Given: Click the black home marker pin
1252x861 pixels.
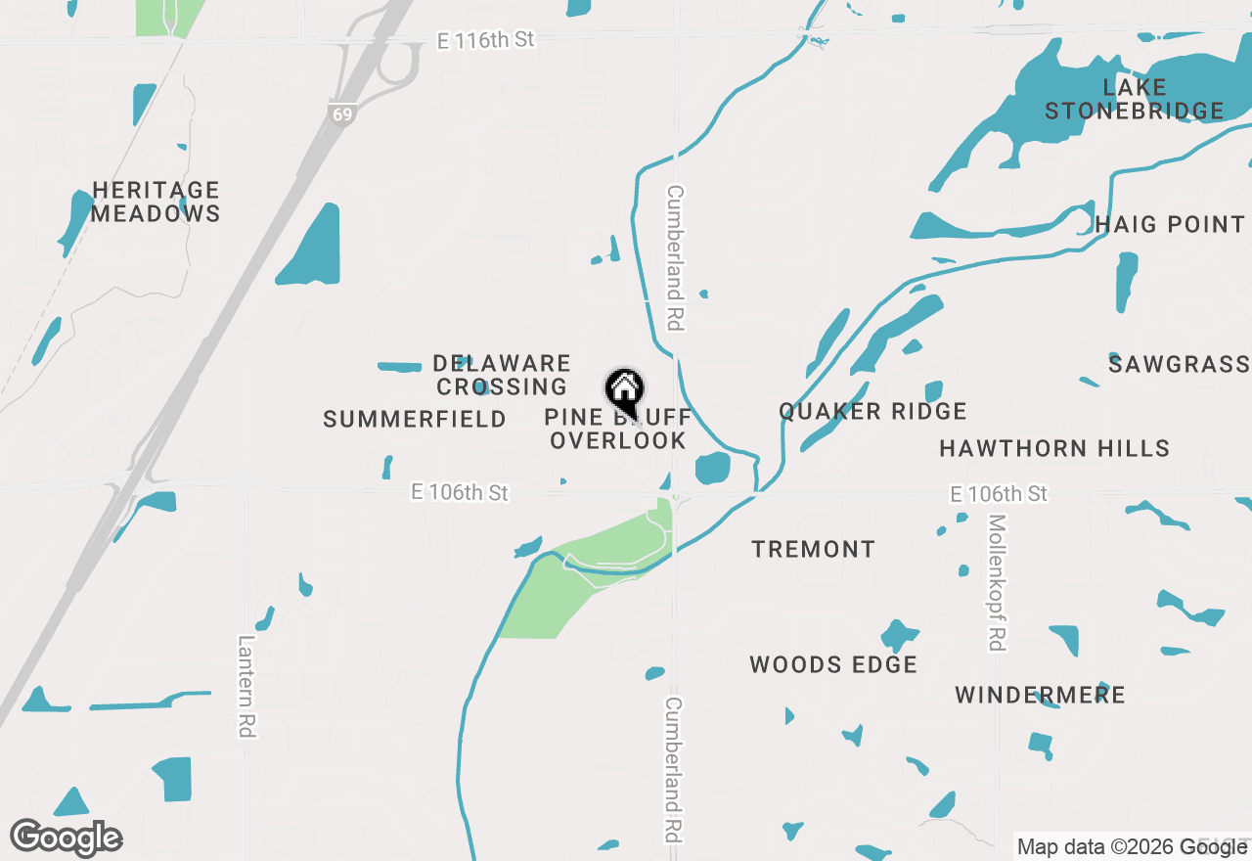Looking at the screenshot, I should click(623, 391).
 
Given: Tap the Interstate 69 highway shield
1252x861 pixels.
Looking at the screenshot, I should click(340, 113).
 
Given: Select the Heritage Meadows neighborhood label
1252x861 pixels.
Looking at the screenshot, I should click(156, 202).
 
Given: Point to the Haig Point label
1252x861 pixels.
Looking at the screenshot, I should click(1169, 224).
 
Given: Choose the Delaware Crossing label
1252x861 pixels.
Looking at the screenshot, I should click(502, 375).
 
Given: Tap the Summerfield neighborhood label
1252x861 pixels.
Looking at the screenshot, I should click(415, 419).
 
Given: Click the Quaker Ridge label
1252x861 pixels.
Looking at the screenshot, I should click(872, 411).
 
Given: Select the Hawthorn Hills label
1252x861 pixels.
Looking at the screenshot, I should click(1054, 448).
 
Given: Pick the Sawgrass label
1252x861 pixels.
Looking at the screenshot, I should click(1179, 365).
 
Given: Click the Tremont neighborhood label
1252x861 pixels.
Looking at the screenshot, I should click(813, 549).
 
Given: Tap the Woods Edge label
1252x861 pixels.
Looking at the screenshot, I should click(833, 664).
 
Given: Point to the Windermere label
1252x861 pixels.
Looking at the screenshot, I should click(1040, 695).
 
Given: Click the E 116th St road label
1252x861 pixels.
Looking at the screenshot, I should click(486, 39).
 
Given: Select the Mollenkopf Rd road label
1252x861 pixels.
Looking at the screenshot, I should click(996, 582).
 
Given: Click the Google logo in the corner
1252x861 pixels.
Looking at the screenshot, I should click(67, 838).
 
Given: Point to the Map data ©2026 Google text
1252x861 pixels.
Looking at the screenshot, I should click(1132, 846).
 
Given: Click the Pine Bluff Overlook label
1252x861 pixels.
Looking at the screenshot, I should click(617, 430).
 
